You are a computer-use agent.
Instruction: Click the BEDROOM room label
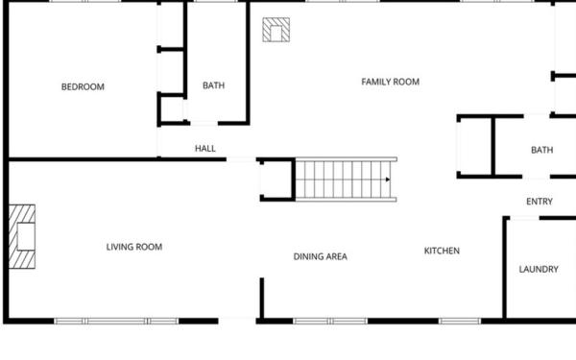click(x=83, y=86)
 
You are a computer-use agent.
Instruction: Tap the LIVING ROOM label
click(x=134, y=247)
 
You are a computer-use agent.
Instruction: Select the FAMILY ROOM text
click(x=391, y=82)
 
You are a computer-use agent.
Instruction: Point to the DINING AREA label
click(x=321, y=256)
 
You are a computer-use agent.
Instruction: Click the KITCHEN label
click(x=442, y=251)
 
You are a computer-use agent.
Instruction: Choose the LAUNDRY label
click(x=539, y=269)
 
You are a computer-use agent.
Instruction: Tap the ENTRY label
click(x=540, y=202)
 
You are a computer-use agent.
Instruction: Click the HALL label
click(x=205, y=149)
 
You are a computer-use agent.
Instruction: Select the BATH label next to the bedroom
click(x=213, y=85)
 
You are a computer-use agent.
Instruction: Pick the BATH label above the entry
click(x=541, y=150)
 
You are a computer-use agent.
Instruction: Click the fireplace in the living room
click(x=22, y=236)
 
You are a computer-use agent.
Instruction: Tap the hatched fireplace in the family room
click(x=276, y=30)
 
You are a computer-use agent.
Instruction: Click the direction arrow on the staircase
click(x=388, y=180)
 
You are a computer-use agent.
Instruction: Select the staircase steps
click(x=346, y=180)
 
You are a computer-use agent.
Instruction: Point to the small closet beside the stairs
click(x=276, y=180)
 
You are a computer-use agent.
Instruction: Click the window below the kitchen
click(x=460, y=321)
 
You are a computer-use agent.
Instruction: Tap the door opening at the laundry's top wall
click(x=524, y=218)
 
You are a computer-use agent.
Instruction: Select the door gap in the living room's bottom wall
click(x=237, y=321)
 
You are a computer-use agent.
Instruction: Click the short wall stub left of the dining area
click(x=262, y=298)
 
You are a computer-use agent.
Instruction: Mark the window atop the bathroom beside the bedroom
click(x=216, y=1)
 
